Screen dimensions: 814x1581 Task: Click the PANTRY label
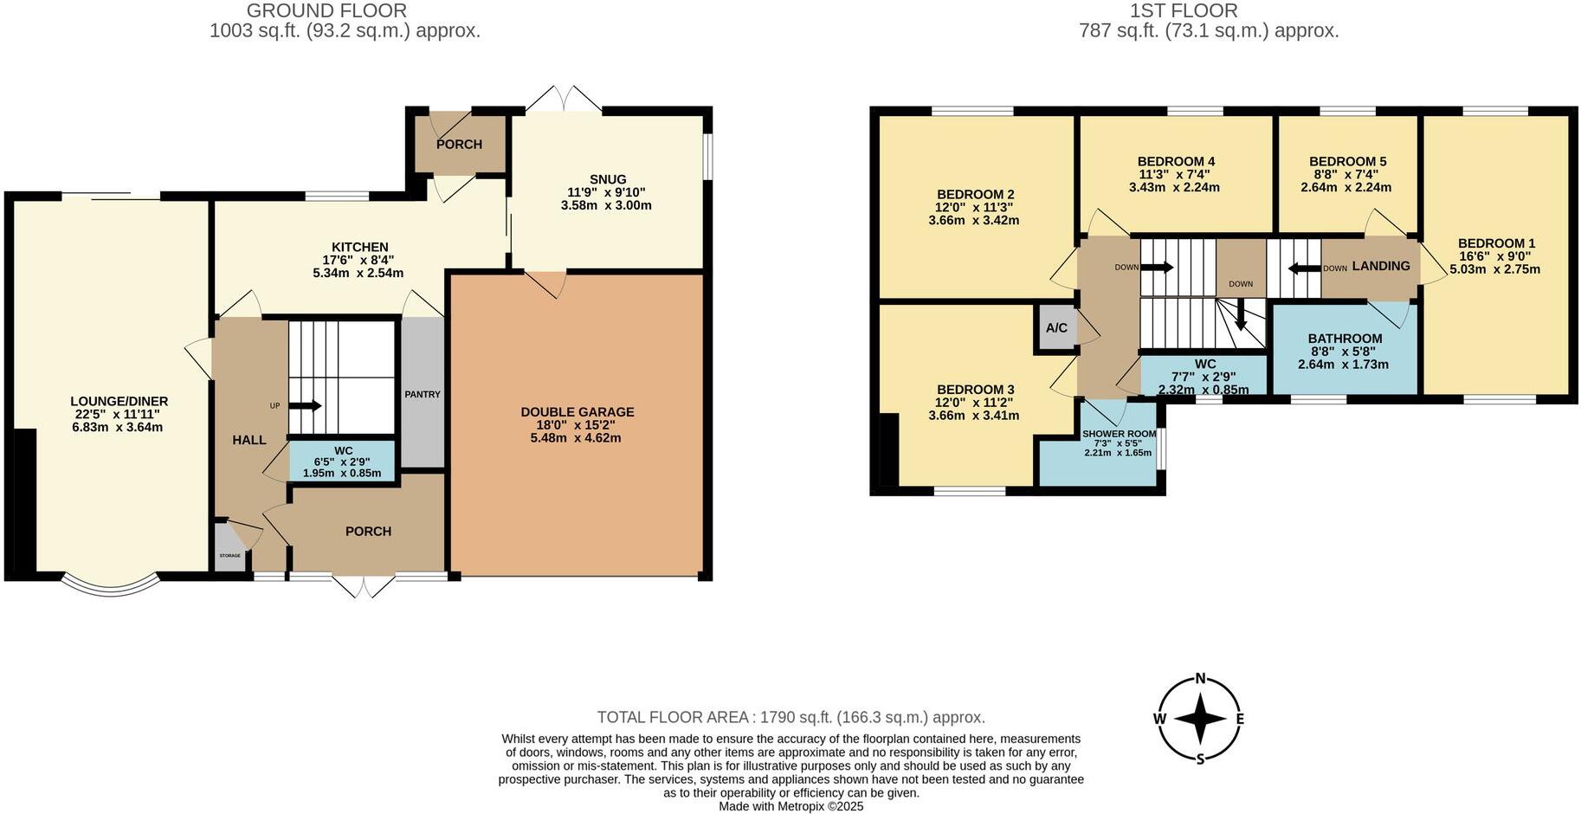tap(423, 394)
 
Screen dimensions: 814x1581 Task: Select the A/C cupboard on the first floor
tap(1056, 328)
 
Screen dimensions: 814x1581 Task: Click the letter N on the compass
tap(1200, 678)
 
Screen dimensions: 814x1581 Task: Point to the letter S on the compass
tap(1200, 759)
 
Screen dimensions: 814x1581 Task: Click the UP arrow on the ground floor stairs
tap(304, 405)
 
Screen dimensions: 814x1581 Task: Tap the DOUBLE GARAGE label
tap(577, 412)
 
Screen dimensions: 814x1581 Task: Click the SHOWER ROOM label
tap(1119, 434)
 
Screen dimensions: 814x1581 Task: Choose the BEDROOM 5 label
tap(1347, 161)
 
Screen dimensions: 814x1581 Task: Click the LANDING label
tap(1380, 266)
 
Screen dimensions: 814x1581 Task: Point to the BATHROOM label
tap(1344, 339)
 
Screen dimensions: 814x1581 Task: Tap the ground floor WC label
tap(343, 450)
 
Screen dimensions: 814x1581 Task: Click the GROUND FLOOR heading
tap(326, 10)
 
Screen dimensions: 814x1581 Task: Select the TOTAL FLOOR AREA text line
tap(790, 717)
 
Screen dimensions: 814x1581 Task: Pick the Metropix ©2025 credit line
tap(790, 805)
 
